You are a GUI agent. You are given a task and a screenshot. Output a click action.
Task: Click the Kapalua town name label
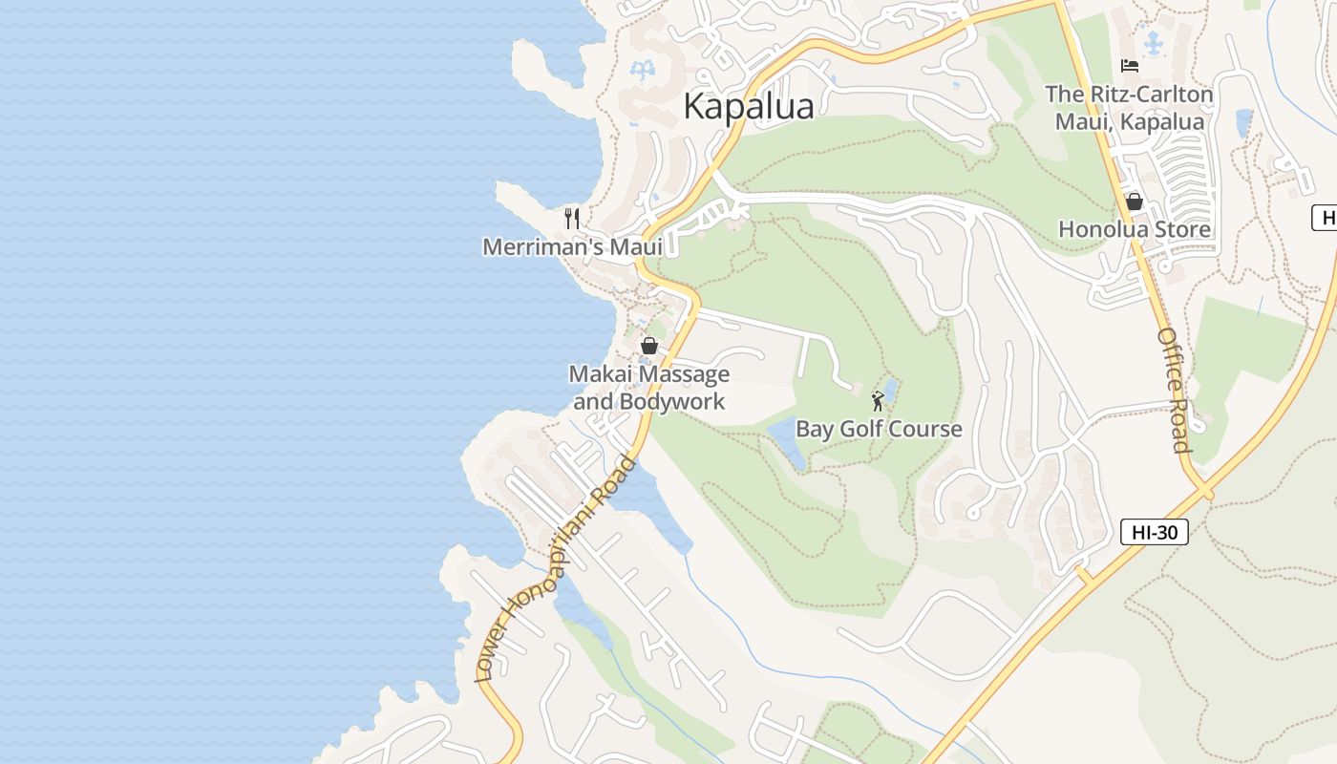tap(749, 106)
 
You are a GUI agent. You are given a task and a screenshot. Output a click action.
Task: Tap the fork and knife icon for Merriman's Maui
tap(572, 219)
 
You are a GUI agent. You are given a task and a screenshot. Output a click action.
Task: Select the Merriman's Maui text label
tap(572, 246)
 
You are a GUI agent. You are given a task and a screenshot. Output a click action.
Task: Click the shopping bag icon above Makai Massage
tap(649, 345)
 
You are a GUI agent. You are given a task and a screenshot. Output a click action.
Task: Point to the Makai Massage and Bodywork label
tap(649, 387)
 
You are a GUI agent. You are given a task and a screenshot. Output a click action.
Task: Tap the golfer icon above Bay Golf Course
tap(878, 401)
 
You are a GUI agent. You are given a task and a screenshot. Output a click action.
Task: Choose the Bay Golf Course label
tap(879, 429)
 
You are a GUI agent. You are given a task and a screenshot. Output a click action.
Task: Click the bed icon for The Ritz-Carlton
tap(1130, 66)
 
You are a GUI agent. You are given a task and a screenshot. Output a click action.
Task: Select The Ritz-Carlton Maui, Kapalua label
tap(1130, 108)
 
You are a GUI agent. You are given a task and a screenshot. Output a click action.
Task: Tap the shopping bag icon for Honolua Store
tap(1135, 202)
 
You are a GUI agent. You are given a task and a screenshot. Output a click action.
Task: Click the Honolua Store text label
tap(1135, 229)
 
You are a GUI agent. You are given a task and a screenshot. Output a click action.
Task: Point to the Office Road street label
tap(1174, 390)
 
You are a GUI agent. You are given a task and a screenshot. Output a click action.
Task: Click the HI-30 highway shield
tap(1154, 533)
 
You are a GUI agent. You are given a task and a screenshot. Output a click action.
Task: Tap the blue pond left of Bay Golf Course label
tap(788, 440)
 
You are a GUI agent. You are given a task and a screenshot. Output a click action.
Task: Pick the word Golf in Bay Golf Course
tap(862, 429)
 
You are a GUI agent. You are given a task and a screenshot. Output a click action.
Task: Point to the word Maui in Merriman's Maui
tap(636, 246)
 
